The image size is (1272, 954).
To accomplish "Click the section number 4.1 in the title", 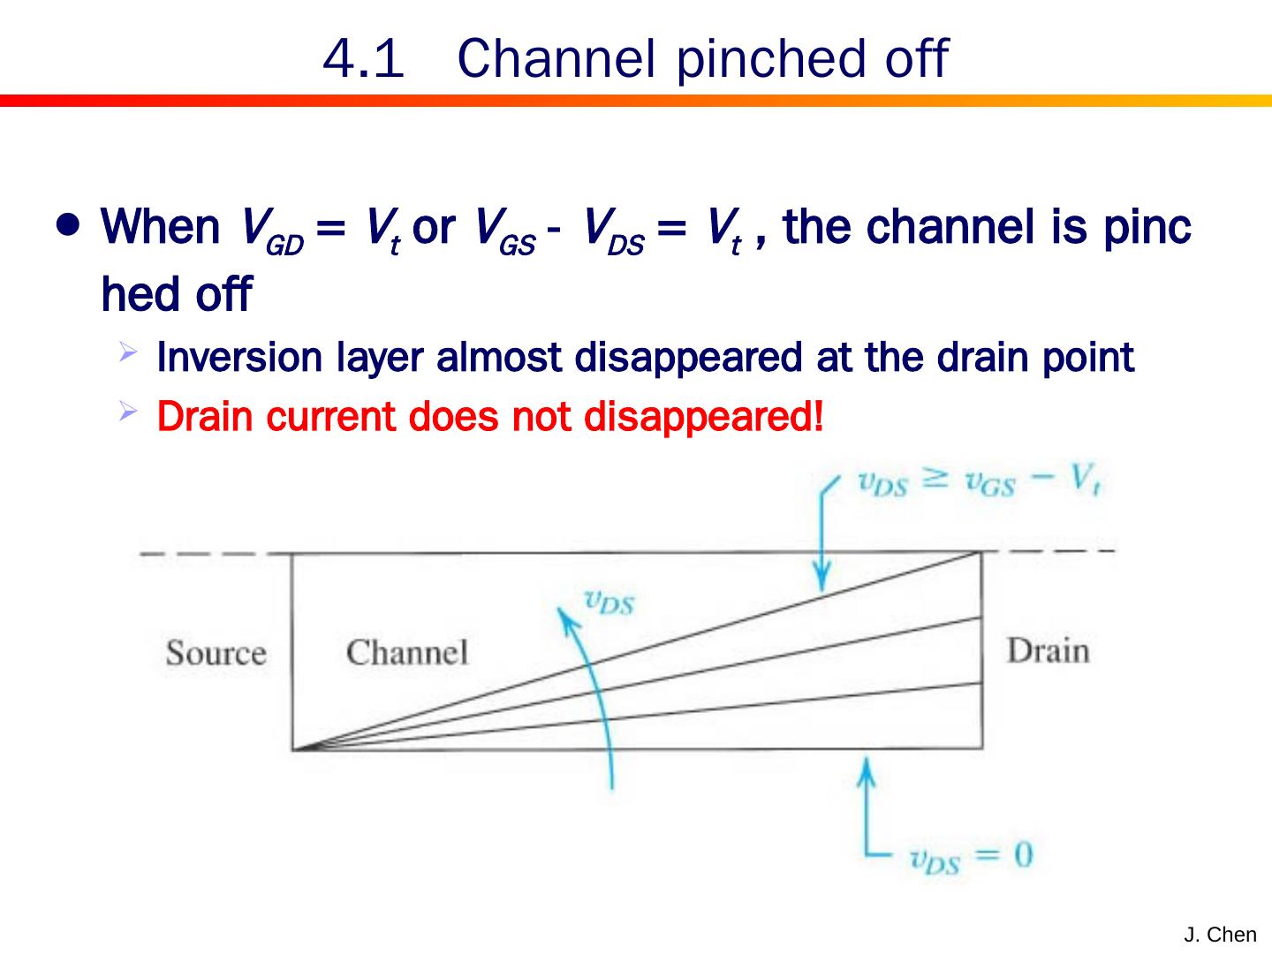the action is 363,60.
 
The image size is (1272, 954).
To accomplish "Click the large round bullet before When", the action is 67,225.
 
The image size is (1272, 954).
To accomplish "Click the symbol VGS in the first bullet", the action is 504,230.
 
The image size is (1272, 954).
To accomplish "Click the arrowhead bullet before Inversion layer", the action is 128,354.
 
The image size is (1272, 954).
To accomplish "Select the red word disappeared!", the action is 703,416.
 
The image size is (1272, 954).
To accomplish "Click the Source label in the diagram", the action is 216,654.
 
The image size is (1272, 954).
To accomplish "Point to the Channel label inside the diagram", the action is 406,654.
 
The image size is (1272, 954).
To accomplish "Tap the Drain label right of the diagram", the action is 1048,651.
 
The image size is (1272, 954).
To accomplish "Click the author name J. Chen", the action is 1220,935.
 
